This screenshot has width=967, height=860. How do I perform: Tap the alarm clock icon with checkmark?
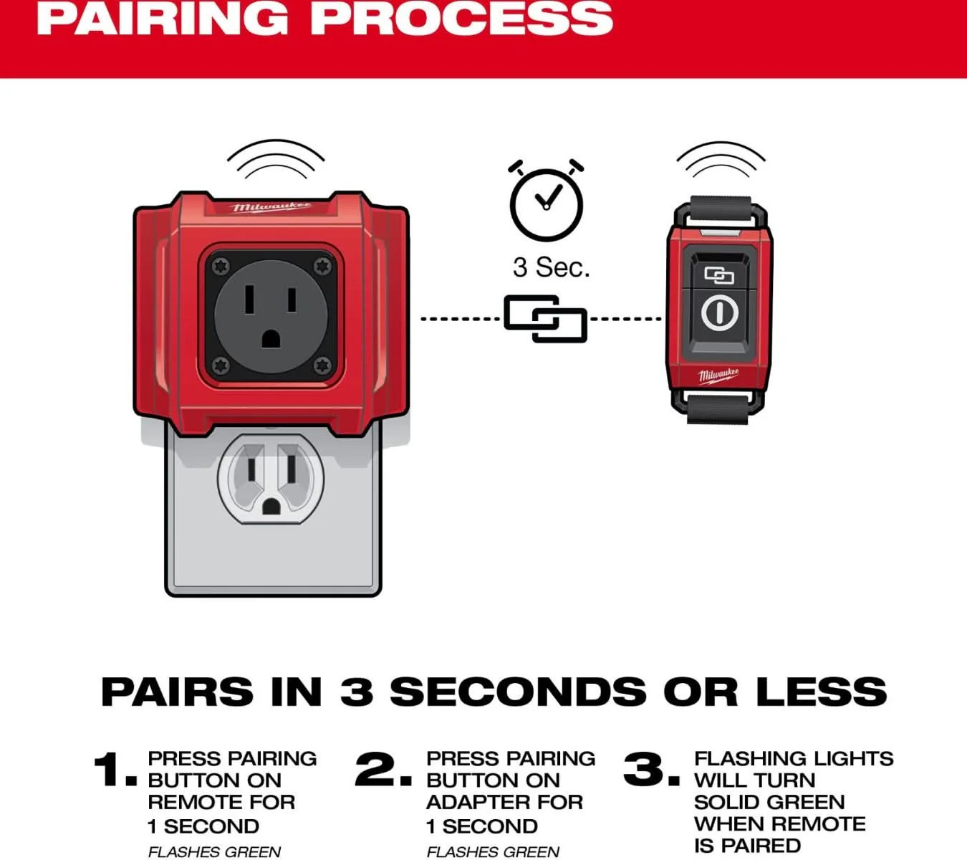[547, 201]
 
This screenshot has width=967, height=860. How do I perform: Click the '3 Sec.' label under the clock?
[552, 267]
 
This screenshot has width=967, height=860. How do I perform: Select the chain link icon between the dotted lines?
[546, 318]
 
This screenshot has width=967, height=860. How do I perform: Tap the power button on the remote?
[720, 312]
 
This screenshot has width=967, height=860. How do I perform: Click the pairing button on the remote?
[720, 275]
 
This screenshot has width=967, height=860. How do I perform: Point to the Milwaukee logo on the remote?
[719, 376]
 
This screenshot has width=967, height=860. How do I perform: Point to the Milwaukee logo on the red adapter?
[271, 207]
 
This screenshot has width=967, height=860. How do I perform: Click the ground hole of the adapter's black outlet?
[271, 339]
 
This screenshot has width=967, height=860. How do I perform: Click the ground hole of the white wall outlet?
[271, 506]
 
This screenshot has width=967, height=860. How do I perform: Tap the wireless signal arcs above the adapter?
[276, 159]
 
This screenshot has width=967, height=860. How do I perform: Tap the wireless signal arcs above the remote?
[721, 160]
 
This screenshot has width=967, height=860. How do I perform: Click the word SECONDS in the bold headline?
[518, 692]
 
